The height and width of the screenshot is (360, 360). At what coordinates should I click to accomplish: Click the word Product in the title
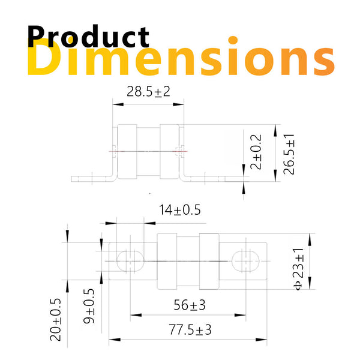point(88,37)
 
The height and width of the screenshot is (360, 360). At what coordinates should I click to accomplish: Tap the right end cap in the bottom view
point(211,260)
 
